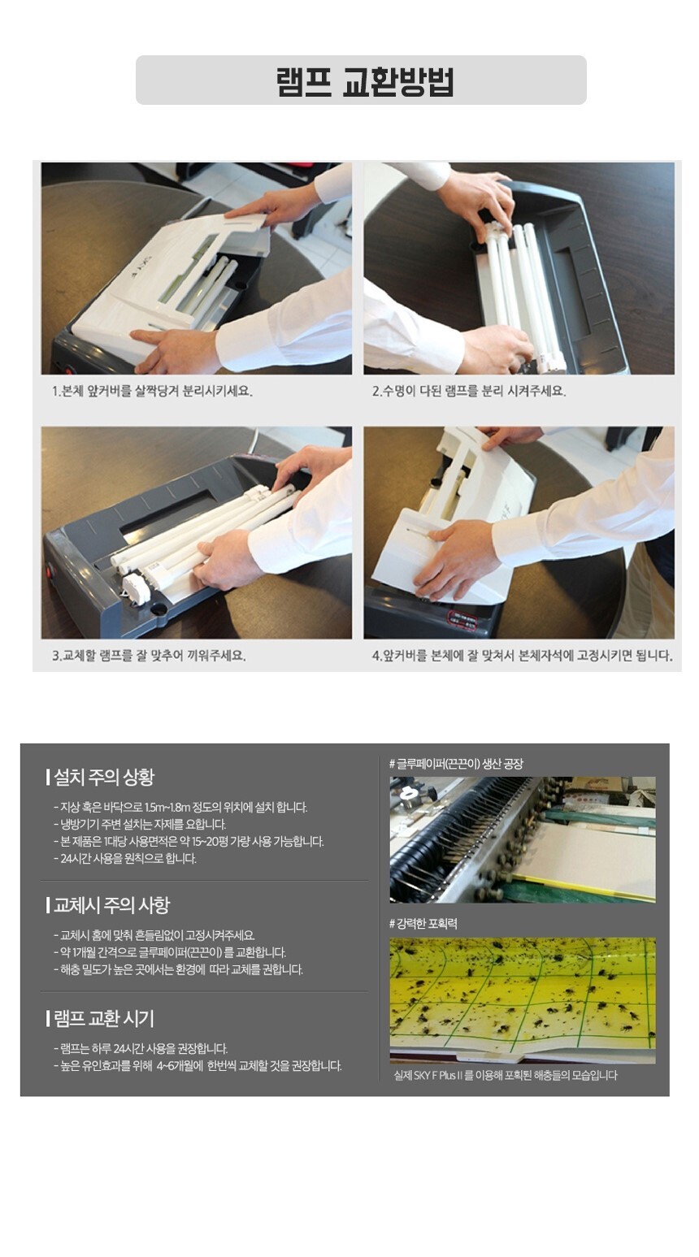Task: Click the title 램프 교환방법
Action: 365,82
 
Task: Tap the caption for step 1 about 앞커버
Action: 152,391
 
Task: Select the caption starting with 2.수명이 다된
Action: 469,391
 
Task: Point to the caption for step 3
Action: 149,656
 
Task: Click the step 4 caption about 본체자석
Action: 522,656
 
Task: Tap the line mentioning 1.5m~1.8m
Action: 180,808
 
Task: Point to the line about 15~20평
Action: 189,841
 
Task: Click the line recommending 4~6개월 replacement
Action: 198,1065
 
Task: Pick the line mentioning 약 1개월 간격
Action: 170,952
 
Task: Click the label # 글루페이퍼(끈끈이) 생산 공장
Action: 457,764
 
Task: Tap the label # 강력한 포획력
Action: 423,924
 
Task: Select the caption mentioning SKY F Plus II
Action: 506,1075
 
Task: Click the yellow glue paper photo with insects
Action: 523,1001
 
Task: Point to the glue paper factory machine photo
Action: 523,839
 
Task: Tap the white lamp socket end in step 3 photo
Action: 137,590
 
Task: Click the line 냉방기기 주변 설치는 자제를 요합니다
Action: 140,825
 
